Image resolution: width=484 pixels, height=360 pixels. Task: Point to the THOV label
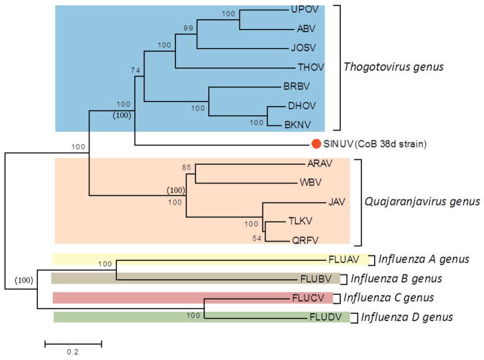(306, 67)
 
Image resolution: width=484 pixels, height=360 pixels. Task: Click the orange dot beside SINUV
(316, 144)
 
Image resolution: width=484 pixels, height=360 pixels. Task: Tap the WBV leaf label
(312, 183)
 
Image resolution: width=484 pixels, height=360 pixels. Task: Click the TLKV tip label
(296, 222)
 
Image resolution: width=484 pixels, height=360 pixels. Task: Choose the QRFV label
(296, 240)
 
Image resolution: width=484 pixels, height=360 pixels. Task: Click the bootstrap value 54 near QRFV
(258, 238)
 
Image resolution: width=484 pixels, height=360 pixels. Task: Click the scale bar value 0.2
(73, 352)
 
